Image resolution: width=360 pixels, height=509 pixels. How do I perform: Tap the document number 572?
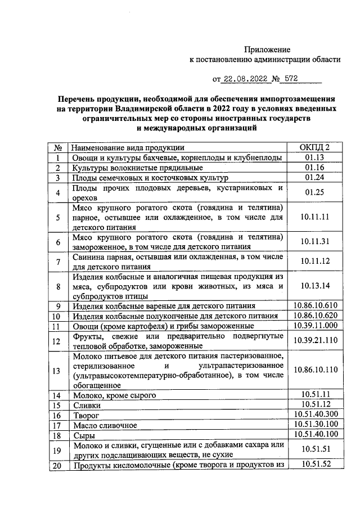tap(299, 79)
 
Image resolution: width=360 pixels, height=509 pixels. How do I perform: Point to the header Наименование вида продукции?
tap(125, 147)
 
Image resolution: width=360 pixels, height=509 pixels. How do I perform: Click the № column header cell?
tap(57, 147)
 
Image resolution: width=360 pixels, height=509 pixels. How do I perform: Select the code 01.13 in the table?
tap(315, 158)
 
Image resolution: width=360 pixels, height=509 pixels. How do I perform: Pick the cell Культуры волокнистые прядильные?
tap(137, 168)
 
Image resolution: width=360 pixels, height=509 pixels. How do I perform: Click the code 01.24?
tap(315, 178)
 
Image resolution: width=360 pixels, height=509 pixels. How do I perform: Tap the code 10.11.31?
tap(315, 241)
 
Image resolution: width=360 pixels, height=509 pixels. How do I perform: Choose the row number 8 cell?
tap(57, 286)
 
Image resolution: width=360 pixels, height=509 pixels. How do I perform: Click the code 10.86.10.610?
tap(315, 305)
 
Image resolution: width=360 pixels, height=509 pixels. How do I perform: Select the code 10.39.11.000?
tap(315, 326)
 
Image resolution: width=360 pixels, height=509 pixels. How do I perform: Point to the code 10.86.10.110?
tap(315, 370)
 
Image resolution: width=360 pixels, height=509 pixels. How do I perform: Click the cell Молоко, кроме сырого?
tap(113, 395)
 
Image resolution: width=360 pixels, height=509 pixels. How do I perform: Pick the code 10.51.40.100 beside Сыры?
tap(315, 435)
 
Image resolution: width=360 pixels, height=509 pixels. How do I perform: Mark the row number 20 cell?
tap(57, 465)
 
